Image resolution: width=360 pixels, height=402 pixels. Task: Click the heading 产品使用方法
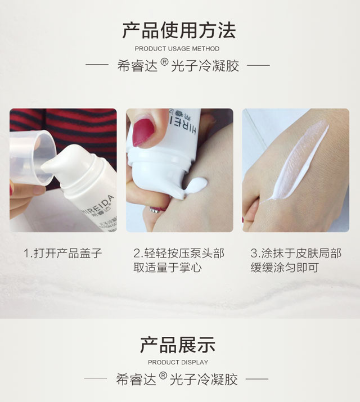pyautogui.click(x=179, y=30)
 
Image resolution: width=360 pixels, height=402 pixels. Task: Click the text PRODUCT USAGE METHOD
pyautogui.click(x=177, y=49)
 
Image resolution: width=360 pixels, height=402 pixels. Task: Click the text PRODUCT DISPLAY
pyautogui.click(x=178, y=362)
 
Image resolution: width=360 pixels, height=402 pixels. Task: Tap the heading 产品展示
pyautogui.click(x=178, y=345)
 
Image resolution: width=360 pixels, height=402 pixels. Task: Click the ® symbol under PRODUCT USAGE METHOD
pyautogui.click(x=164, y=62)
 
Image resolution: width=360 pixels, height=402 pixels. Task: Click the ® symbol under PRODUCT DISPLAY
pyautogui.click(x=163, y=376)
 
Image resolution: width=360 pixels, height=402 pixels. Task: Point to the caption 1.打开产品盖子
pyautogui.click(x=63, y=254)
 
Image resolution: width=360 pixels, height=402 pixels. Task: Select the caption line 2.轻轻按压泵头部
pyautogui.click(x=179, y=254)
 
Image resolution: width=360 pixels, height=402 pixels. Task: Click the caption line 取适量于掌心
pyautogui.click(x=168, y=268)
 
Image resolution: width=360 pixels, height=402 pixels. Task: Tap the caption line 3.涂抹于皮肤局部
pyautogui.click(x=296, y=254)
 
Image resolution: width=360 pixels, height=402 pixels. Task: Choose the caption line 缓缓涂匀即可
pyautogui.click(x=285, y=268)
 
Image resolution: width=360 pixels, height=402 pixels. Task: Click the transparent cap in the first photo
pyautogui.click(x=33, y=157)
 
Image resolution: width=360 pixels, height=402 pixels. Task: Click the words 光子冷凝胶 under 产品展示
pyautogui.click(x=204, y=380)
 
